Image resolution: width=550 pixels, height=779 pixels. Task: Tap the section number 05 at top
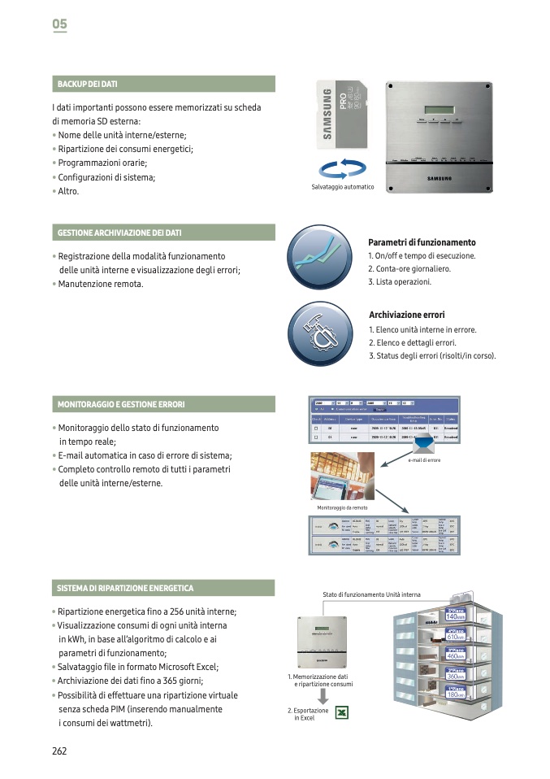coord(59,24)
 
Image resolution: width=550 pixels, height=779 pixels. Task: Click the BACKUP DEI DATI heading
coord(87,84)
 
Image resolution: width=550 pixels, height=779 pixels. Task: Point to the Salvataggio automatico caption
coord(343,187)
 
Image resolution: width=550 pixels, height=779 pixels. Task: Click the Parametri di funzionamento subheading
coord(422,242)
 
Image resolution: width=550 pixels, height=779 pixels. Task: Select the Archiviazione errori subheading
coord(406,315)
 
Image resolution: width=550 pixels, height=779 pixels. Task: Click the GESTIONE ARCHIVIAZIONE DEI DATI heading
coord(119,233)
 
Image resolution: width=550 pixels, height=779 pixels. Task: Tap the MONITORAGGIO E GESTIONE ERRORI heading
coord(121,404)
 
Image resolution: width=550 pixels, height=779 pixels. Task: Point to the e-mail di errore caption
coord(424,460)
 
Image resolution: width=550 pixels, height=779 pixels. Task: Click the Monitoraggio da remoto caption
coord(342,507)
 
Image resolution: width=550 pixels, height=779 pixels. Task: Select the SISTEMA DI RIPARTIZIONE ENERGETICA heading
coord(125,588)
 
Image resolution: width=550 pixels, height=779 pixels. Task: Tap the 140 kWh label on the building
coord(456,616)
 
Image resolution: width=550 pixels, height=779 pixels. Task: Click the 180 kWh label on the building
coord(456,694)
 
